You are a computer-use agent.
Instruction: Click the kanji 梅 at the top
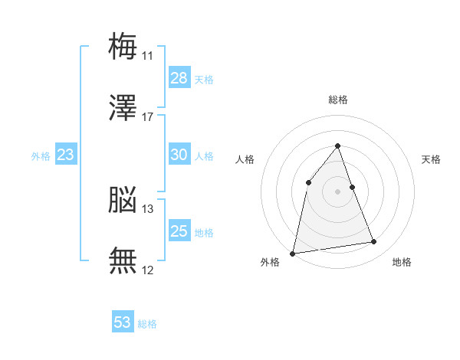[123, 46]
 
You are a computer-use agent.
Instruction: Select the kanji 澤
[123, 107]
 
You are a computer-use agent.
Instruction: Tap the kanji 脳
[123, 199]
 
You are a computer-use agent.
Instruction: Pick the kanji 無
[123, 260]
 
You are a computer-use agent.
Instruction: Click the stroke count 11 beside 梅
[147, 56]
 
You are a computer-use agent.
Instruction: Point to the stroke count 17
[147, 117]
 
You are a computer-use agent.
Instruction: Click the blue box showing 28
[179, 77]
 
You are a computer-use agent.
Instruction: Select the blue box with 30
[179, 154]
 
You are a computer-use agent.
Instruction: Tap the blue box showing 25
[179, 230]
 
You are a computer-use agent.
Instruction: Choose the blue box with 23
[66, 154]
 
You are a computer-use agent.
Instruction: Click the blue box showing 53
[123, 321]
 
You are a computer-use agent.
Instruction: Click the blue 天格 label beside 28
[204, 80]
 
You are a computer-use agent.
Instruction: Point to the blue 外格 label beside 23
[41, 156]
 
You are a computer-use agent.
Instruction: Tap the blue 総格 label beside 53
[147, 324]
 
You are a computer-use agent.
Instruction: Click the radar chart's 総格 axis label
[338, 100]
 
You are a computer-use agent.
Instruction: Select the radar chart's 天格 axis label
[431, 159]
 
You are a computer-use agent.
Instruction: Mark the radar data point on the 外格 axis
[292, 254]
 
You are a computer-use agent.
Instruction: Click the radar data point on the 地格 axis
[374, 241]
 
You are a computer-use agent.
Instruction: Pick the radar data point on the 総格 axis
[337, 146]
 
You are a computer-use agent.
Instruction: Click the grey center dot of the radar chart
[337, 191]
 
